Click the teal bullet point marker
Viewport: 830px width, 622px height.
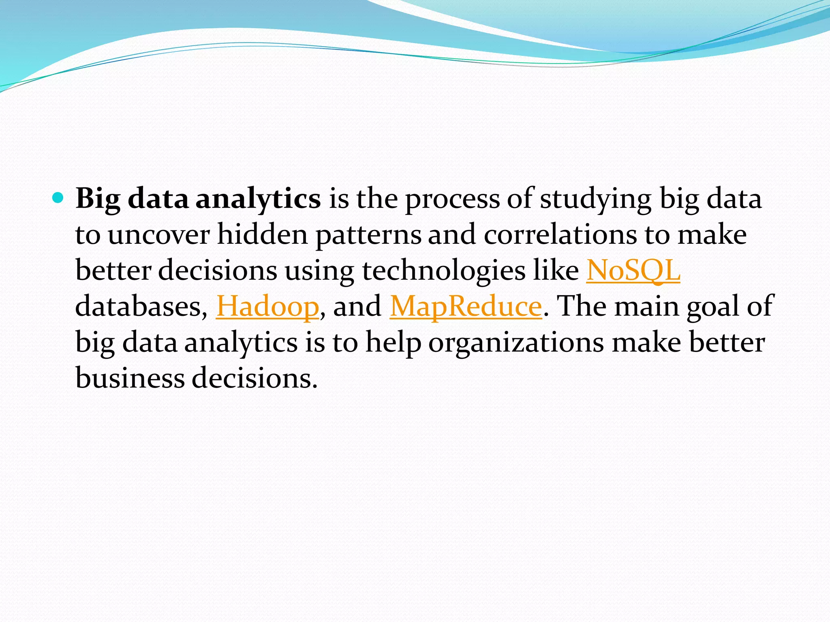(58, 198)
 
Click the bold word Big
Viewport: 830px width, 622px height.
(98, 199)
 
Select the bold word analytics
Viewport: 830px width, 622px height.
(258, 199)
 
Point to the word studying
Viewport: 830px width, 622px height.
(595, 199)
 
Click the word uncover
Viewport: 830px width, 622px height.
(158, 235)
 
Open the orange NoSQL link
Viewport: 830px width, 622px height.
(633, 271)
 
